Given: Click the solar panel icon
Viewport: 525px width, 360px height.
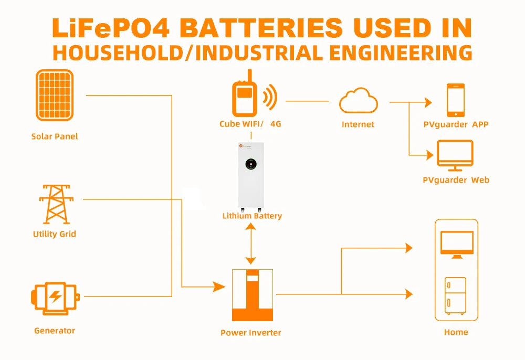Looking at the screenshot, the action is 55,95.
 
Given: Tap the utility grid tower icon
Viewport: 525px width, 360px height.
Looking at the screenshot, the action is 56,204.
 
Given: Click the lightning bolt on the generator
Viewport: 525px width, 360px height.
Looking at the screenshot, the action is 55,297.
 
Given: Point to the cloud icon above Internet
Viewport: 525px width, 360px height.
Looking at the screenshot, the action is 358,100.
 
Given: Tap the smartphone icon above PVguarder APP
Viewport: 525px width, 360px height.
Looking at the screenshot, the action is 456,100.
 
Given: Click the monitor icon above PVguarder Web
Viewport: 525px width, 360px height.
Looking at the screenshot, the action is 455,155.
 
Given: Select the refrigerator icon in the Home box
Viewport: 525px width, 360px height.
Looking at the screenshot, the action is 455,296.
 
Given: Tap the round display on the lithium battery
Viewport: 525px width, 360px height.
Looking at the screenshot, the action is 251,164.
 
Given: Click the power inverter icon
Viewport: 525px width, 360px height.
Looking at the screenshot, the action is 253,295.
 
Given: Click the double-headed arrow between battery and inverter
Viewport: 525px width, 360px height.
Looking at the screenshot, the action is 251,243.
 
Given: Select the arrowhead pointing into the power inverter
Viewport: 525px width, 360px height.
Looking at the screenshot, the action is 219,287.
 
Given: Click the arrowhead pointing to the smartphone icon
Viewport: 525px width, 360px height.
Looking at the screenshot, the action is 428,102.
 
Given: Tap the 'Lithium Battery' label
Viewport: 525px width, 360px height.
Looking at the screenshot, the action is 252,216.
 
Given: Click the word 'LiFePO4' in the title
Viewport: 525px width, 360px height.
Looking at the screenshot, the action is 111,28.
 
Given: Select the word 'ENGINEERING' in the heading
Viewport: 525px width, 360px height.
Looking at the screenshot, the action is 401,52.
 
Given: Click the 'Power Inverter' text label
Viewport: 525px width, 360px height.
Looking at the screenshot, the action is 251,333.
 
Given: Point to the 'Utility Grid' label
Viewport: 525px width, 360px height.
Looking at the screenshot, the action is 55,234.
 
